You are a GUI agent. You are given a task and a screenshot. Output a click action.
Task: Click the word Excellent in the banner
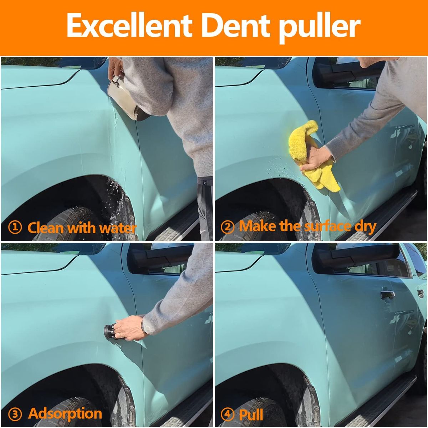pos(129,25)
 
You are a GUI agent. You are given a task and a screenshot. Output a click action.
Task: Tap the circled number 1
pos(15,228)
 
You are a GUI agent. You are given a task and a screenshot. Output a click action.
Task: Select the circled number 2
pos(228,227)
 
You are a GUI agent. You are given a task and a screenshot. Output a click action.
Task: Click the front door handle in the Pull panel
pos(388,295)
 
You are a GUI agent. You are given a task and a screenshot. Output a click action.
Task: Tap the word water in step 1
pos(118,228)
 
